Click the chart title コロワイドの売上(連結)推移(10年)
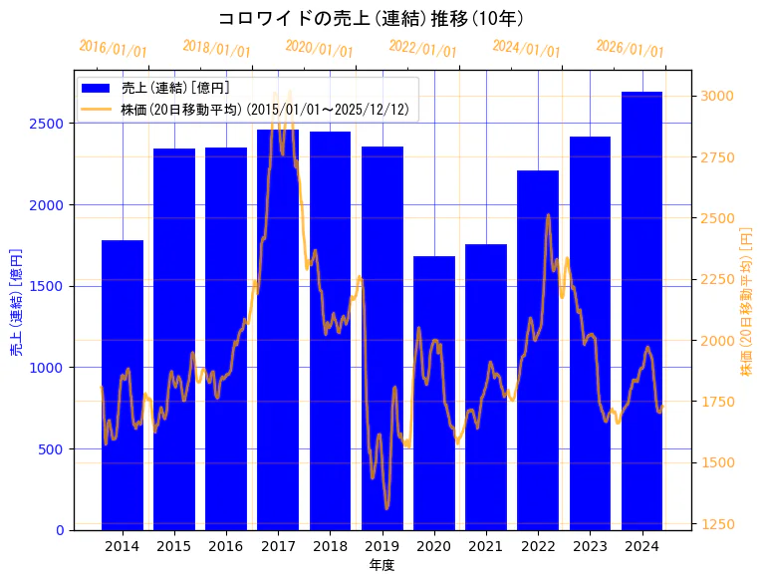[371, 18]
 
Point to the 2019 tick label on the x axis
[382, 546]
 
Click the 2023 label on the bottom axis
[590, 546]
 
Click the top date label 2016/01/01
[113, 50]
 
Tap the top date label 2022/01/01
[422, 50]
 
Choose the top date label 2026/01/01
[630, 50]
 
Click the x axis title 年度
[382, 565]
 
